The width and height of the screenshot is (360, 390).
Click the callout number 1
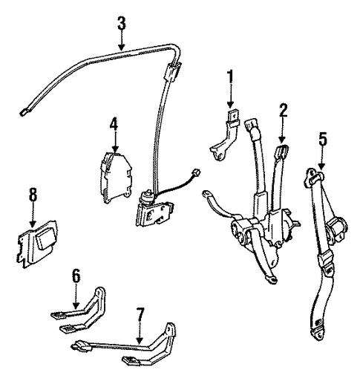[x=231, y=77]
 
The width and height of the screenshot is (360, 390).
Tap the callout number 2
[x=283, y=110]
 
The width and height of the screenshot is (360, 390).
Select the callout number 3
[x=122, y=23]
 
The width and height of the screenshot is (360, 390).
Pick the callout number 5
[x=323, y=140]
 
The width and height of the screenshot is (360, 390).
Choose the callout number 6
[x=76, y=276]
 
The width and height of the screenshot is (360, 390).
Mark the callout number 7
[x=140, y=315]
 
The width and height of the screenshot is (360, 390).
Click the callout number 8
[x=33, y=195]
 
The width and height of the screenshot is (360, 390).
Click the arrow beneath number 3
[x=122, y=40]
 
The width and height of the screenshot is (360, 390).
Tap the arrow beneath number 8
[x=33, y=215]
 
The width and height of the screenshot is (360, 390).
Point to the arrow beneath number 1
[x=231, y=97]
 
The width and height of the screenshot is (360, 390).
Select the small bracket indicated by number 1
[x=224, y=135]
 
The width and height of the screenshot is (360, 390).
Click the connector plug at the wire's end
[x=196, y=173]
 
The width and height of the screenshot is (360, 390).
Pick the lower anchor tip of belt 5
[x=318, y=334]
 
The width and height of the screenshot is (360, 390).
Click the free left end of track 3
[x=23, y=113]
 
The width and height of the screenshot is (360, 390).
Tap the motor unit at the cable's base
[x=154, y=210]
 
